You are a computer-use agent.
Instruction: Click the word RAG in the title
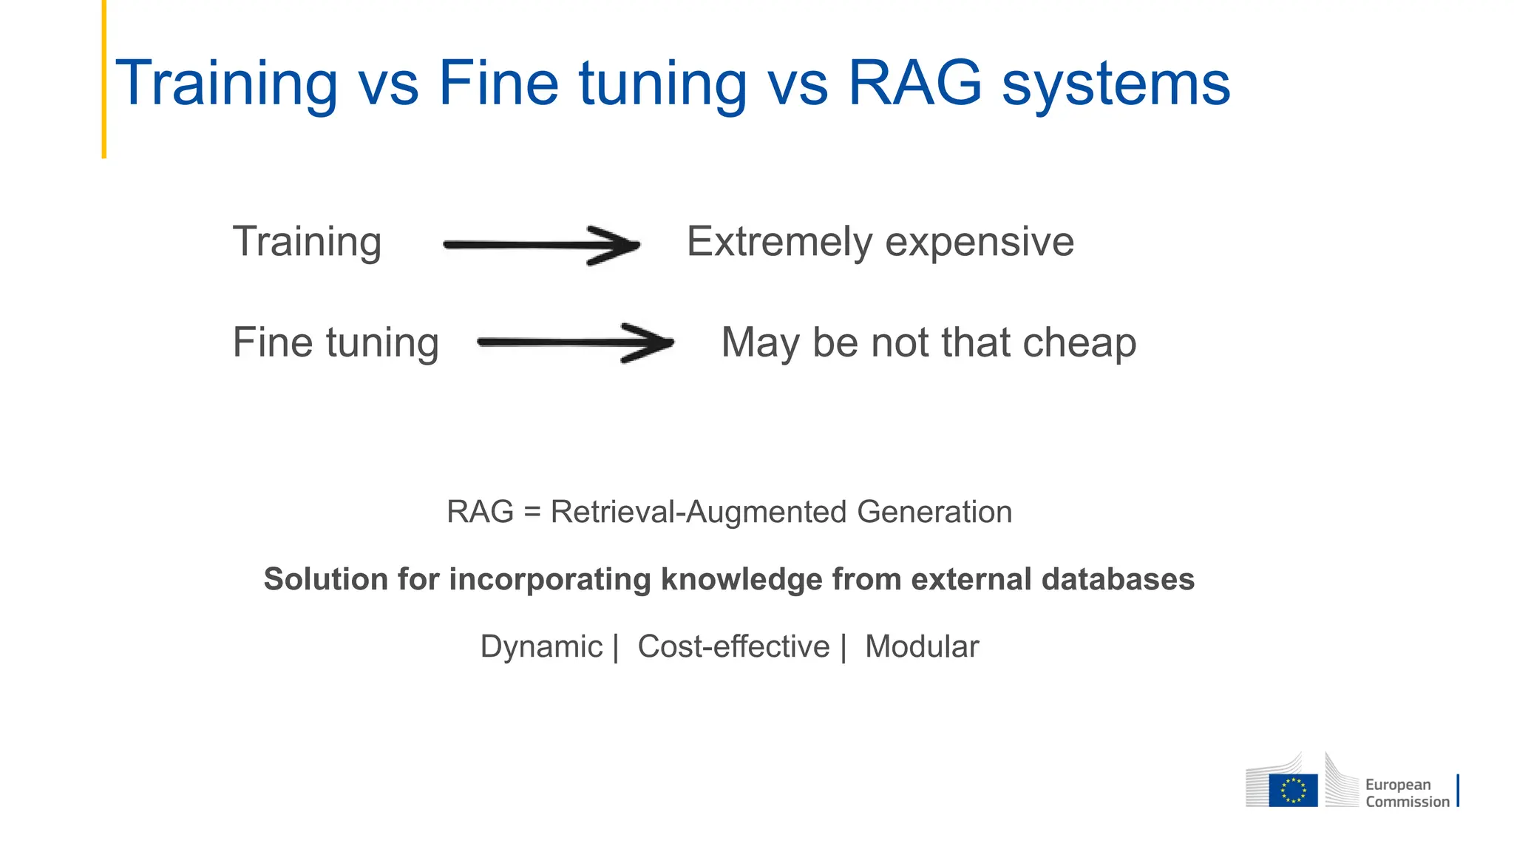(x=914, y=83)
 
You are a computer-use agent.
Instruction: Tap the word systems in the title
(x=1116, y=85)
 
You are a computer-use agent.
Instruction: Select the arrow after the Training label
(x=541, y=245)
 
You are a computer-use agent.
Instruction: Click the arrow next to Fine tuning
(x=576, y=342)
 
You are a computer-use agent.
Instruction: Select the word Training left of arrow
(x=307, y=242)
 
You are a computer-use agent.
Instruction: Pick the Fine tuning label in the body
(x=336, y=342)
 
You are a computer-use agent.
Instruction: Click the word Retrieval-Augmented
(x=698, y=512)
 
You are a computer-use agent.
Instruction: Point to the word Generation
(x=934, y=512)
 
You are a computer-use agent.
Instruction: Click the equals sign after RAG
(x=532, y=513)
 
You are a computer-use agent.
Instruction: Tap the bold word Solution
(x=325, y=579)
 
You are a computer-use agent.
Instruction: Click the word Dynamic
(x=541, y=646)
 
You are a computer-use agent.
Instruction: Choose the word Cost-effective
(x=733, y=646)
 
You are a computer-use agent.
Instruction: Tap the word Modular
(x=922, y=646)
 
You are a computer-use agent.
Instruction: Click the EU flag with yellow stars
(x=1293, y=790)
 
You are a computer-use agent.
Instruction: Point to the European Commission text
(x=1407, y=793)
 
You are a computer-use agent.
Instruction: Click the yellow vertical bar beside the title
(x=104, y=78)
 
